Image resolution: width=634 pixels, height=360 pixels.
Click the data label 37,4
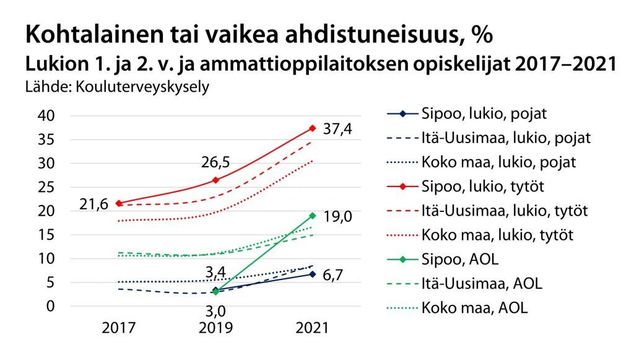point(340,129)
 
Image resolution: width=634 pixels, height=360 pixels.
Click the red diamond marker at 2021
point(313,128)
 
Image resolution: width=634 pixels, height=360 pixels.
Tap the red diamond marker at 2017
point(118,203)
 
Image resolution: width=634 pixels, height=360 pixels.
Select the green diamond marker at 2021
point(313,216)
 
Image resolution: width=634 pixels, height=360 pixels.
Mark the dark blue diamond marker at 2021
point(313,274)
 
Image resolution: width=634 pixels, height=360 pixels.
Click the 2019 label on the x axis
point(215,328)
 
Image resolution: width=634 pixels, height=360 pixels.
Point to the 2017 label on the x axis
point(118,328)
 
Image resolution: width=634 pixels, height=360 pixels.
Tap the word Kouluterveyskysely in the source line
point(142,86)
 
